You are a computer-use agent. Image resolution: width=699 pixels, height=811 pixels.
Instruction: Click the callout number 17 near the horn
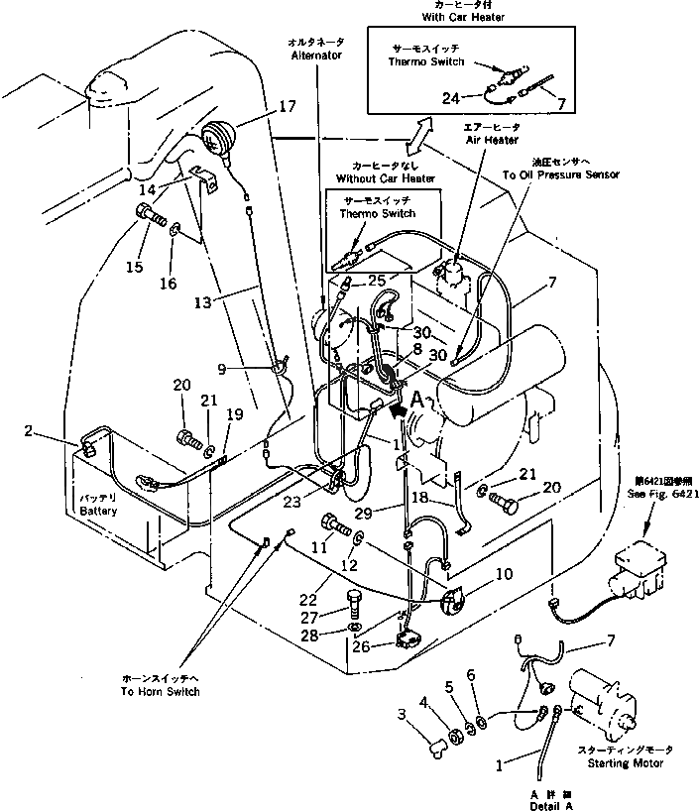coord(287,106)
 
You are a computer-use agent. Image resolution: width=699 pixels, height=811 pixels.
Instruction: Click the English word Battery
coord(98,511)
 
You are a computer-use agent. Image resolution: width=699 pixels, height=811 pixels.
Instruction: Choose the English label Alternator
coord(316,57)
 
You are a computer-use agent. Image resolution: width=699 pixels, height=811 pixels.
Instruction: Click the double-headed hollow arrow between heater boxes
coord(423,130)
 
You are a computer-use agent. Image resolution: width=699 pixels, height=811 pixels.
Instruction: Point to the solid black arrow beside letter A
coord(398,406)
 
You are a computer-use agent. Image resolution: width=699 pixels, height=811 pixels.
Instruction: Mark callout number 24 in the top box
coord(451,97)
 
